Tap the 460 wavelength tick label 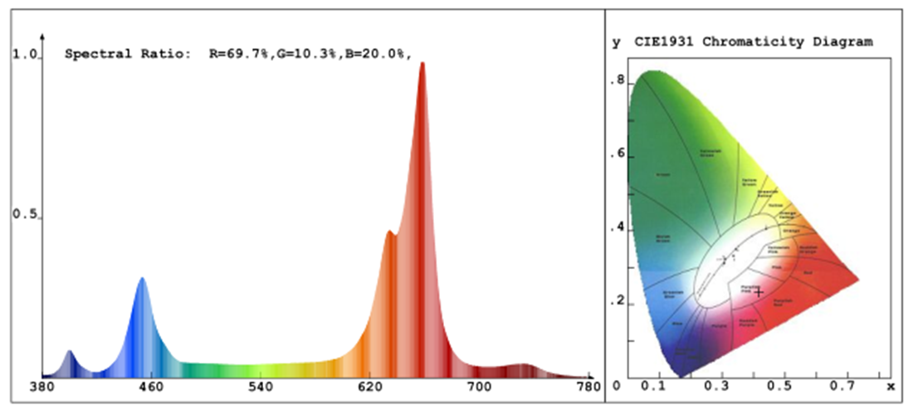(x=150, y=386)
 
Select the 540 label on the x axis (x=260, y=386)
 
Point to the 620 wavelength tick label (x=369, y=386)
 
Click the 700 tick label (x=479, y=386)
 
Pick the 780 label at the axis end (x=587, y=386)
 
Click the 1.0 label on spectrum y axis (x=25, y=55)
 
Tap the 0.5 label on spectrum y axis (x=25, y=215)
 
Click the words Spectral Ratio (x=127, y=54)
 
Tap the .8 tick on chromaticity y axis (x=618, y=81)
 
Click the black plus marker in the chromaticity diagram (x=758, y=292)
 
